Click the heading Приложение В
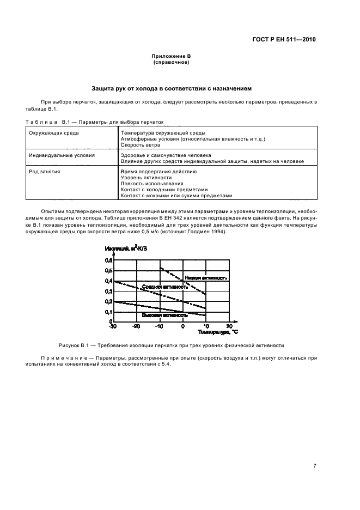(171, 57)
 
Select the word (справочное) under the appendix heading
(171, 62)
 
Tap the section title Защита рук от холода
(171, 88)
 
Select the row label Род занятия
(45, 171)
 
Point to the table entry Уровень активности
(147, 177)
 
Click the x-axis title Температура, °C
(218, 331)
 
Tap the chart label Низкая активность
(205, 277)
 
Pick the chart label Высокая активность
(164, 315)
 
